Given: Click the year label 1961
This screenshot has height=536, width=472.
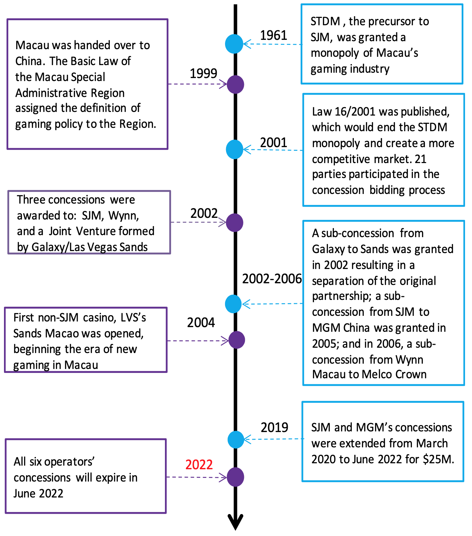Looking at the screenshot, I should pos(273,35).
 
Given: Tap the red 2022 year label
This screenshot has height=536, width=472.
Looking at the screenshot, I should pos(199,464).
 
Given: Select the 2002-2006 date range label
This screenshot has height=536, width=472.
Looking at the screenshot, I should pos(272,279).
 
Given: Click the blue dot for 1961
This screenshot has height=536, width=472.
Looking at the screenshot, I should pos(234,44).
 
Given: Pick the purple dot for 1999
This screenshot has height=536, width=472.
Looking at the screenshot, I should pos(235,84).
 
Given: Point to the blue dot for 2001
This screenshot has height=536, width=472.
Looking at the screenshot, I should pos(235,149).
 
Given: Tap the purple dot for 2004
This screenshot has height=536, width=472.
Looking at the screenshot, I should pos(236,340).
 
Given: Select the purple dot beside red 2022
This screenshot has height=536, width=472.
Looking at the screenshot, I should pos(235,477).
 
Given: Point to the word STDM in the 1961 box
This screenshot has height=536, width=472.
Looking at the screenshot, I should pos(325,22).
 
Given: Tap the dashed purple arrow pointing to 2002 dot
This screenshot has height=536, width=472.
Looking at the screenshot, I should pos(198,222).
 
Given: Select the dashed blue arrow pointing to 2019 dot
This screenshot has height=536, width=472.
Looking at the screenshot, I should pos(274,439).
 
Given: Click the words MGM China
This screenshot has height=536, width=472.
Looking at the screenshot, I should pos(341,328).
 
